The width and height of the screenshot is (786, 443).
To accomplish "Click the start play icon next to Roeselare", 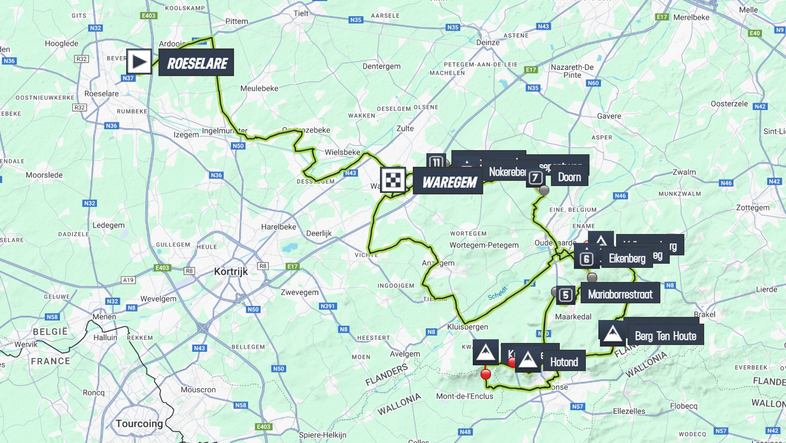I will [139, 62].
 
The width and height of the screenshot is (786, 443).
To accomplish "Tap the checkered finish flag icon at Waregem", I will [393, 180].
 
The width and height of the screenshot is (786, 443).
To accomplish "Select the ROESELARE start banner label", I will [197, 63].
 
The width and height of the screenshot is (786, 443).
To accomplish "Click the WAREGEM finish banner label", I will [449, 182].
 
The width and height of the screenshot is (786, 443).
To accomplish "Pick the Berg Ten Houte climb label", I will [665, 336].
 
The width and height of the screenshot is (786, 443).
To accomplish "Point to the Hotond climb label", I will [564, 362].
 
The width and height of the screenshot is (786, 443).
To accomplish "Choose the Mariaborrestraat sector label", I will [620, 294].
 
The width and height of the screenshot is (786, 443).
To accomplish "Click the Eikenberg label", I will [627, 259].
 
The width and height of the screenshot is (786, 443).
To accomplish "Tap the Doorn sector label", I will [569, 177].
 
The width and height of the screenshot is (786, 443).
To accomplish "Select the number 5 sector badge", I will [566, 295].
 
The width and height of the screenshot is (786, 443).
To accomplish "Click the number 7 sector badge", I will [535, 178].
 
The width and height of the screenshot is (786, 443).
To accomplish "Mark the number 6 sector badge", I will [586, 259].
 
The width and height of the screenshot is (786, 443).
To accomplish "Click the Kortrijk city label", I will [231, 272].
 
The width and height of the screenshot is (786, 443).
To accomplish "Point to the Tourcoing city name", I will [139, 423].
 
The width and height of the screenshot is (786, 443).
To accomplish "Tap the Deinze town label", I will [488, 43].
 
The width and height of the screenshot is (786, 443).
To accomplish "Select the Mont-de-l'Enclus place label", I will [464, 396].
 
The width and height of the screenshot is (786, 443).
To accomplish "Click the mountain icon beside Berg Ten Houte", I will [612, 333].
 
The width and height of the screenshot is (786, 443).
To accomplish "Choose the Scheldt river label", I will [497, 293].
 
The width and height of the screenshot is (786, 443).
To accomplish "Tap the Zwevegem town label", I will [300, 292].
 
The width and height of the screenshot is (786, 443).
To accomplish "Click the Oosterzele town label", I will [729, 104].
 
